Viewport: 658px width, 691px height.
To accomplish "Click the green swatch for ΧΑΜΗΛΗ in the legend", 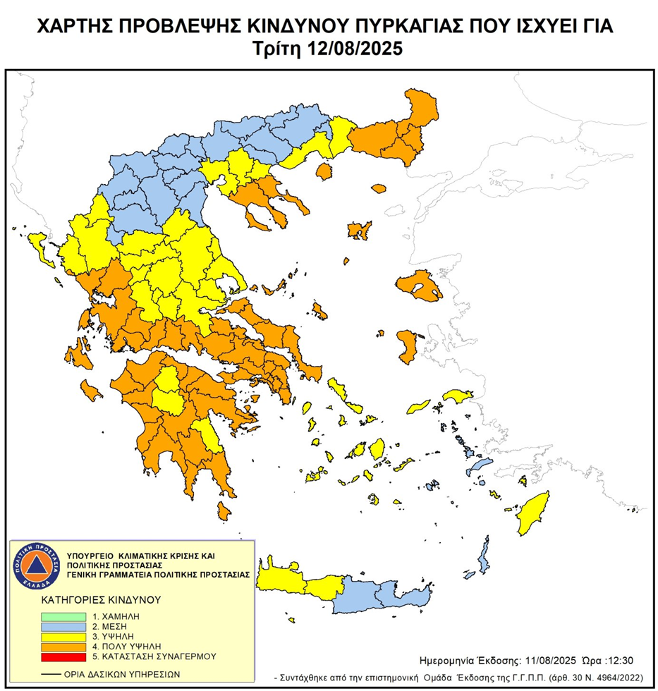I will pos(63,616).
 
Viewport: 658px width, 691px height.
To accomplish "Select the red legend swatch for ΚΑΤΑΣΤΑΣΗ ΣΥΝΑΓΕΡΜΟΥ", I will pos(63,656).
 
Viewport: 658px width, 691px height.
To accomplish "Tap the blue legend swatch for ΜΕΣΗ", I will pos(63,625).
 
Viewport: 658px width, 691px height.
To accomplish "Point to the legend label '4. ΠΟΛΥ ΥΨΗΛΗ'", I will pos(128,646).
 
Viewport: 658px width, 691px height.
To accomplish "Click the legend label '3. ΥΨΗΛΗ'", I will pos(116,636).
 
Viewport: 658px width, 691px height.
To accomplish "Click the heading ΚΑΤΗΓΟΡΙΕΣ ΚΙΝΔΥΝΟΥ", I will pos(99,600).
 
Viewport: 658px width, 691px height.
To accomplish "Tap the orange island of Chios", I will pos(407,344).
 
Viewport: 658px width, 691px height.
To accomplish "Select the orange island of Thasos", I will pos(324,171).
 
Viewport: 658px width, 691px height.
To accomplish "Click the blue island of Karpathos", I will pos(484,554).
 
